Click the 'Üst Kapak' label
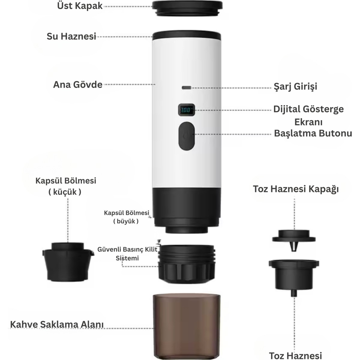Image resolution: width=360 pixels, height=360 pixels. pos(80,6)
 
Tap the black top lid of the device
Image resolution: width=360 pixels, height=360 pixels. pos(187,8)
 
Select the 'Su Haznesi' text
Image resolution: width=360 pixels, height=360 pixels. pos(71,36)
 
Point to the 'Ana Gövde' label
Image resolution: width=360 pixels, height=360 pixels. pos(78,85)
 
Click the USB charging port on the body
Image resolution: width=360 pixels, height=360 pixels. pos(186,88)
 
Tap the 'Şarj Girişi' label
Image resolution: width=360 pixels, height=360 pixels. pos(295,86)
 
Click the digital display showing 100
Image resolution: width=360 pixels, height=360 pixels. pos(186,110)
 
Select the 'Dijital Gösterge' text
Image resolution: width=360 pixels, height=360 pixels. pos(308,109)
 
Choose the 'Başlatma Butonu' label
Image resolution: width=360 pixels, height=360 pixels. pos(313,133)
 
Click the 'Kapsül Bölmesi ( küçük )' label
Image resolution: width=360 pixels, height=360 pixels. pos(66,186)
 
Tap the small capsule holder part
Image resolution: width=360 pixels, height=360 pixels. pos(68,262)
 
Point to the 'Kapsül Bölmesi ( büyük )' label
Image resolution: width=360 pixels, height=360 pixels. pos(127,217)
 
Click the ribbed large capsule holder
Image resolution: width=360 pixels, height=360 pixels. pos(187,265)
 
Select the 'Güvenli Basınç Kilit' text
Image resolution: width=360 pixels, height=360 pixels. pos(127,249)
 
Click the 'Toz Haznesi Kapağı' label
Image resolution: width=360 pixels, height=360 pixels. pos(296,189)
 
